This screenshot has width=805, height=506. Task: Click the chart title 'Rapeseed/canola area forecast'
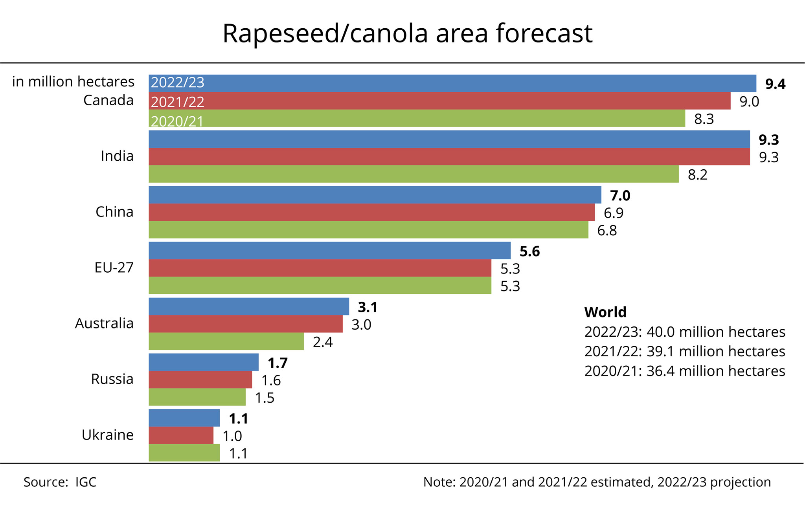point(407,33)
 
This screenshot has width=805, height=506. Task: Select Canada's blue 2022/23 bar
point(452,83)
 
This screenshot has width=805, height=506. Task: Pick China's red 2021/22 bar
point(371,212)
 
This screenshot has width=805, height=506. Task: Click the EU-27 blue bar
point(329,251)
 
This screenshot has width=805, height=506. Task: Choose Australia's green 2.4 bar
point(226,341)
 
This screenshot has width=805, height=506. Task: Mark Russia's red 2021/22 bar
point(200,379)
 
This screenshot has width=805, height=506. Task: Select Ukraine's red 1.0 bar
point(181,435)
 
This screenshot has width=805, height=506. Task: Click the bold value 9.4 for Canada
point(775,84)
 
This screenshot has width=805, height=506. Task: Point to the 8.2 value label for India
point(697,175)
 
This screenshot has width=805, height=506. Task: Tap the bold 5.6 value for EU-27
point(529,251)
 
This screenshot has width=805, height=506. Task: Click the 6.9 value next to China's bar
point(613,213)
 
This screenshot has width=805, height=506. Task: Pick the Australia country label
point(104,323)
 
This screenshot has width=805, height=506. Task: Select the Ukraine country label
point(108,435)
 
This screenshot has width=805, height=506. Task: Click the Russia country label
point(112,379)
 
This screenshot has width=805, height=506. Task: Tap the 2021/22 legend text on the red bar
point(178,102)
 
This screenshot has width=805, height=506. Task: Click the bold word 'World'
point(605,312)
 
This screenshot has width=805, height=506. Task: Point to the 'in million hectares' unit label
point(73,82)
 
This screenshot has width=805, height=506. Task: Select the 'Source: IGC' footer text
point(60,482)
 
